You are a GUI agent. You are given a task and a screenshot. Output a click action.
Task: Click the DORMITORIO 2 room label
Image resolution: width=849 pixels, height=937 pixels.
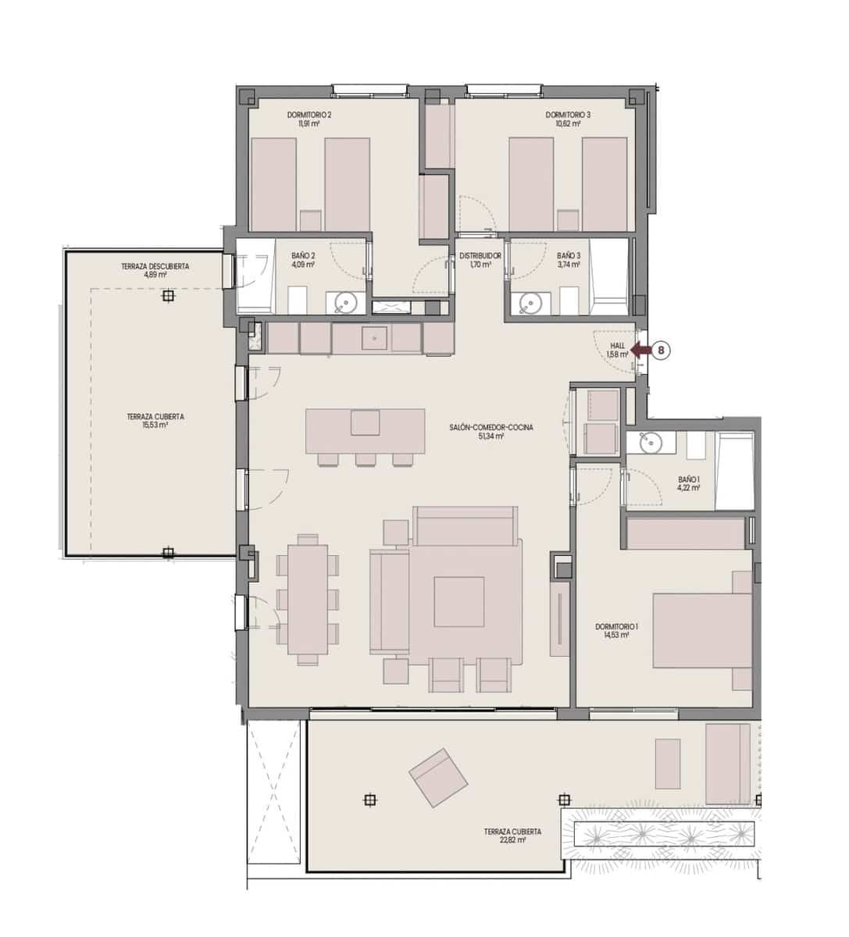click(x=309, y=116)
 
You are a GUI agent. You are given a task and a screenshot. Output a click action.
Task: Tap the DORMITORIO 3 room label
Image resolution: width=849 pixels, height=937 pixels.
click(x=568, y=116)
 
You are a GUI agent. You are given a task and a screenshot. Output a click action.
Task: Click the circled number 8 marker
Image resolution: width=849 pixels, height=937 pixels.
click(x=661, y=351)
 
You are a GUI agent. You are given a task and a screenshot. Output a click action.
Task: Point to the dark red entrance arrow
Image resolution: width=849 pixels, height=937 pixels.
click(x=640, y=351)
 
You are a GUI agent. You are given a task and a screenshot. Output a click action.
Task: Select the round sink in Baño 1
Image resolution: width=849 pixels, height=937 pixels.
click(x=650, y=443)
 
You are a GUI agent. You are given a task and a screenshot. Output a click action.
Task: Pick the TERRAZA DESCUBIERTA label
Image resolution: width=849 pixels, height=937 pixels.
click(x=155, y=267)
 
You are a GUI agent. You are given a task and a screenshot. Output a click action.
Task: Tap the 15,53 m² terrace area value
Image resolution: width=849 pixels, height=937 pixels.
click(x=155, y=426)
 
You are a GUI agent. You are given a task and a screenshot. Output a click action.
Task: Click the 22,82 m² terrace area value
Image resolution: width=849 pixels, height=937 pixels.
click(x=512, y=841)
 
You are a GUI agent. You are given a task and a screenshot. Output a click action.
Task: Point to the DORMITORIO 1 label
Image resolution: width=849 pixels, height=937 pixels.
click(x=617, y=627)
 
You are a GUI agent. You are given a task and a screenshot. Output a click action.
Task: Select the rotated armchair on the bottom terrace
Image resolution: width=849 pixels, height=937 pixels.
click(x=438, y=777)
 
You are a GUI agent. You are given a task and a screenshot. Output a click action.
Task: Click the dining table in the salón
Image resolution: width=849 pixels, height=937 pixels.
click(x=307, y=599)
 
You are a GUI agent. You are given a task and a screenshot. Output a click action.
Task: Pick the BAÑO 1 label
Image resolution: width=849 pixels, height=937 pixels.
click(x=688, y=479)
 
